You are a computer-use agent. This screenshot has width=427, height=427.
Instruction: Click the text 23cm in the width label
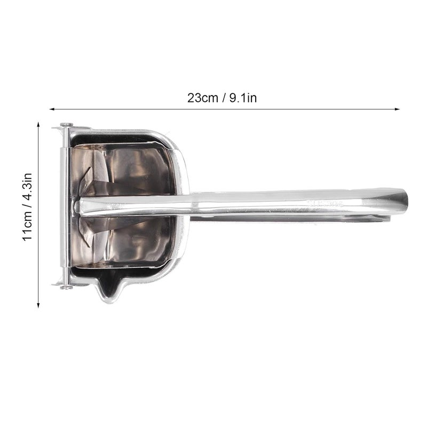203,98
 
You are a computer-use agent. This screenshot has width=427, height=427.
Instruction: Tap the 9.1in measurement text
243,98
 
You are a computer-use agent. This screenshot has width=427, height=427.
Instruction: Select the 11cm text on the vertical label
28,228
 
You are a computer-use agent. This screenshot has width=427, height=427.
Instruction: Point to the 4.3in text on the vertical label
28,188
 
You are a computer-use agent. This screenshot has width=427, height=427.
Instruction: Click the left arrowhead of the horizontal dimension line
52,109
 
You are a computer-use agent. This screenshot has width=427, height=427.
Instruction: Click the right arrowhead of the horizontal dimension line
397,109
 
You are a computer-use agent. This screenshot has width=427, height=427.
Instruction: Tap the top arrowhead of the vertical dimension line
38,125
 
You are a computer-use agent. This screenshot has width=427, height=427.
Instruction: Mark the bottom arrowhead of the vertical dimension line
38,305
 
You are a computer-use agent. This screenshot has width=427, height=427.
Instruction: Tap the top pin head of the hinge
66,124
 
